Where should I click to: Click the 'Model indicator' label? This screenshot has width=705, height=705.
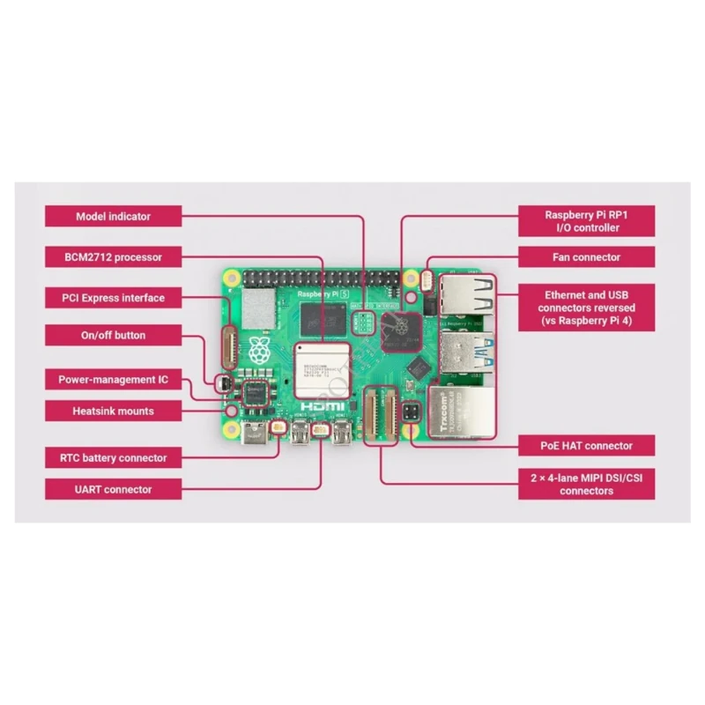tap(113, 217)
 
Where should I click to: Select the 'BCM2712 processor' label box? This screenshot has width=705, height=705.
tap(113, 257)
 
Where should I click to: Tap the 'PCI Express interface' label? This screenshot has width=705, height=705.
tap(113, 298)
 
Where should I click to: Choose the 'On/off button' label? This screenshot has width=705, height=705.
tap(113, 336)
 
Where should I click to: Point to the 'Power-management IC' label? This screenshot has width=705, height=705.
tap(113, 381)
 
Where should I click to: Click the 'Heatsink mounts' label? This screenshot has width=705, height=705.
tap(113, 411)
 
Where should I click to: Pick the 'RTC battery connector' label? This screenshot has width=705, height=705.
tap(113, 458)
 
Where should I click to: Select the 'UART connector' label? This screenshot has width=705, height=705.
tap(113, 490)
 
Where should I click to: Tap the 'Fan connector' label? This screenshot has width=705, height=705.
tap(586, 257)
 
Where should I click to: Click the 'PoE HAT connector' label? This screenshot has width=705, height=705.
tap(586, 446)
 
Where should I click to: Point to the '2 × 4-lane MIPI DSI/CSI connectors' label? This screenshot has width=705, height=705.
tap(586, 484)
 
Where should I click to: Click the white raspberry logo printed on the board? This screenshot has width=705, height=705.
tap(261, 351)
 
